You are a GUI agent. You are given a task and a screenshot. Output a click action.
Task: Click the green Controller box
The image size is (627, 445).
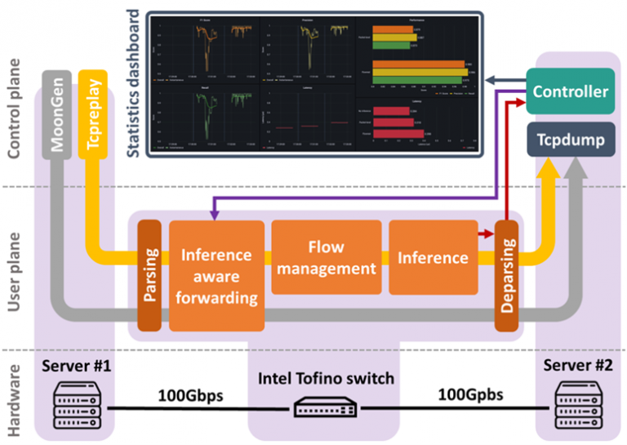click(x=570, y=91)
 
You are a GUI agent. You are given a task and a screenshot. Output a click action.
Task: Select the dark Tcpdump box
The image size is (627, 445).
click(x=570, y=140)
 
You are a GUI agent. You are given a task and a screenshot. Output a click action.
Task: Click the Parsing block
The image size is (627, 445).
click(x=149, y=276)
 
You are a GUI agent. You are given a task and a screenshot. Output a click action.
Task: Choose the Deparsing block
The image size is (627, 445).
click(x=507, y=276)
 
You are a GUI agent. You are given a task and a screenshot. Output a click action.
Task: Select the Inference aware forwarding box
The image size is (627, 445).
click(x=216, y=275)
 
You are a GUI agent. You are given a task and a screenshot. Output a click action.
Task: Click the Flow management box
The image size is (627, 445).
click(x=327, y=256)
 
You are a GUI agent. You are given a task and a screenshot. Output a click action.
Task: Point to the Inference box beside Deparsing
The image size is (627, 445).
click(x=433, y=257)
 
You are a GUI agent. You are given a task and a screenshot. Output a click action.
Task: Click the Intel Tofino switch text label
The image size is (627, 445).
click(x=326, y=378)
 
